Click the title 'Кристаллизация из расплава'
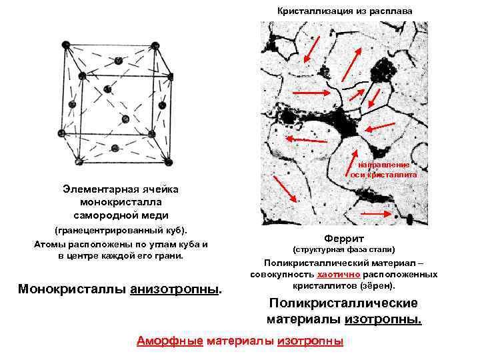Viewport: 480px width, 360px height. point(345,11)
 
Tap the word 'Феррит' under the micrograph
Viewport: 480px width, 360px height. point(344,238)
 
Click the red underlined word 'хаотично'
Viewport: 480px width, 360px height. point(339,274)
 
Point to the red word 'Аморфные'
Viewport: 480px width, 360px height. point(170,341)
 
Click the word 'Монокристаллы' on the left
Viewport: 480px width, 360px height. point(73,289)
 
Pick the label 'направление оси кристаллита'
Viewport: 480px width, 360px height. point(383,169)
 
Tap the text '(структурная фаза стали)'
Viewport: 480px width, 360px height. point(345,249)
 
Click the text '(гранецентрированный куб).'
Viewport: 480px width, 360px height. point(117,230)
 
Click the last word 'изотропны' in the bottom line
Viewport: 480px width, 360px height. point(309,341)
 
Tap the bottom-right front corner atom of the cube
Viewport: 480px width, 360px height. point(167,162)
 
